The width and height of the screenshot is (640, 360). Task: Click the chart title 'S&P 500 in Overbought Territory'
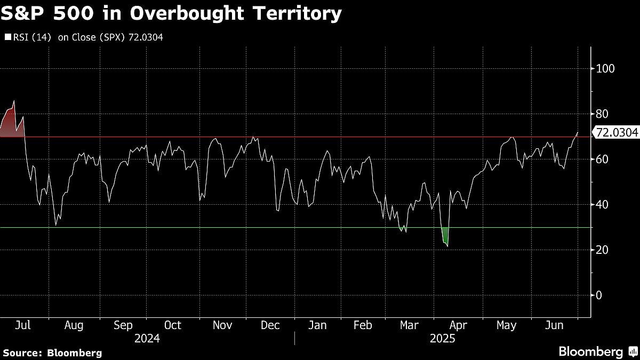tap(171, 13)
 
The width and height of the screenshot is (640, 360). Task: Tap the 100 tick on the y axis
tap(606, 68)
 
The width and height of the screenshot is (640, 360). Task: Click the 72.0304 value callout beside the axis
tap(616, 133)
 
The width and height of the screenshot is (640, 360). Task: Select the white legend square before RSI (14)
tap(7, 37)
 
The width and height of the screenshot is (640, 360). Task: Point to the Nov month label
tap(222, 325)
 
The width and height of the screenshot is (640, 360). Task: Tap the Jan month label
tap(317, 325)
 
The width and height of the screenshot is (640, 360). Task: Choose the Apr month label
tap(458, 325)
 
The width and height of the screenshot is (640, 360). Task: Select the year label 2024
tap(147, 339)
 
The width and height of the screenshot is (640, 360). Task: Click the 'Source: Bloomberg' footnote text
tap(52, 353)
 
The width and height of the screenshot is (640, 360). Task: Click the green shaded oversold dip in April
tap(445, 236)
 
